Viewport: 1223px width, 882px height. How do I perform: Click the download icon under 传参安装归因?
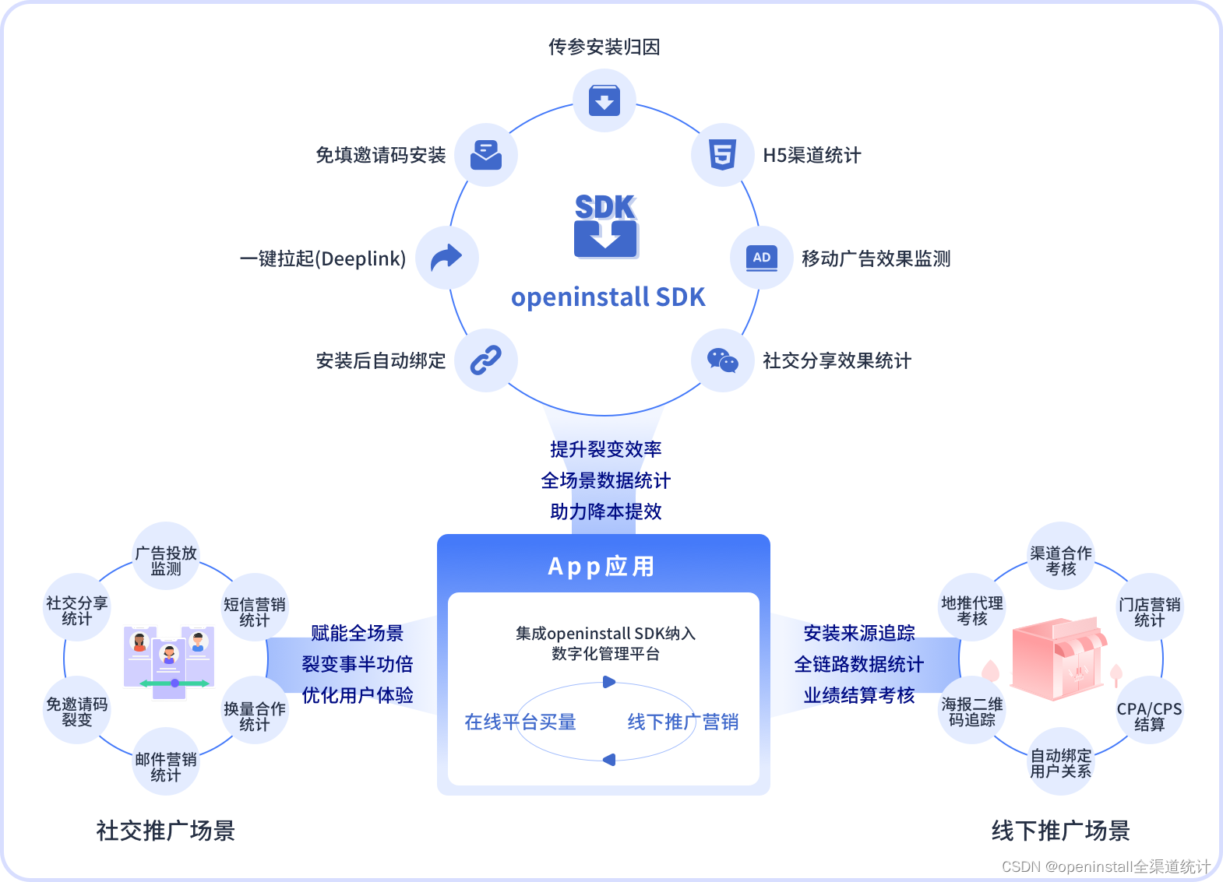[x=604, y=100]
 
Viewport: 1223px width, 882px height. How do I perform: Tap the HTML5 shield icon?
[x=722, y=155]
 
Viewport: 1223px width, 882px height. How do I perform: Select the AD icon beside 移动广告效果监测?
[x=761, y=258]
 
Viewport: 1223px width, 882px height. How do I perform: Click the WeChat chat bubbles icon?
[x=722, y=360]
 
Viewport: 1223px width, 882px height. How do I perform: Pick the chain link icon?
[x=486, y=360]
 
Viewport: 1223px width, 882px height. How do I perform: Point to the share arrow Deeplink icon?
[x=446, y=258]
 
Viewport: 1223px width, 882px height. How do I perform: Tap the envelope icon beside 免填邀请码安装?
[x=486, y=155]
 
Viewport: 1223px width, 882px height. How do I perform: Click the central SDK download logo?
[x=605, y=227]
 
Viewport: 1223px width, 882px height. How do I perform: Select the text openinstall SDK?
[x=608, y=297]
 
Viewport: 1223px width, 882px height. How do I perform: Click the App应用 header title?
[x=602, y=566]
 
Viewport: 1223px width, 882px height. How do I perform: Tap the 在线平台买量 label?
[x=520, y=722]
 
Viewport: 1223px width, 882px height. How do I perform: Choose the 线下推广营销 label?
[x=683, y=722]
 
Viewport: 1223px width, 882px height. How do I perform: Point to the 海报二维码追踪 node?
[x=972, y=712]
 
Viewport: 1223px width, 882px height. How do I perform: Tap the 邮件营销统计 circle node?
[x=166, y=766]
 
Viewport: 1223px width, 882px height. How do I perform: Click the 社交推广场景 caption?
[x=165, y=831]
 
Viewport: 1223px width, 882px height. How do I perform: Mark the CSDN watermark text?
[x=1105, y=866]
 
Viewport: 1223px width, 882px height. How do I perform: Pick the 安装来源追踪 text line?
[x=859, y=633]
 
